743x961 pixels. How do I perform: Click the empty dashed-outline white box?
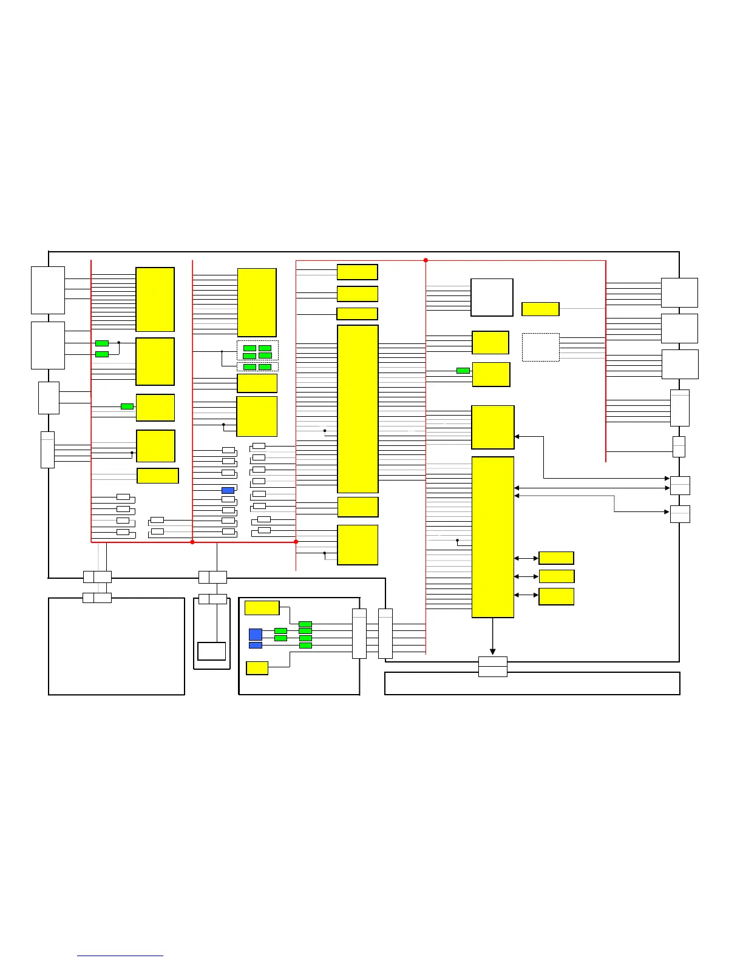[x=540, y=347]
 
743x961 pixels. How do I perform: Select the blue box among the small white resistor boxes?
[x=228, y=490]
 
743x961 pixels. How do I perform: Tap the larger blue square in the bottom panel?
[x=256, y=634]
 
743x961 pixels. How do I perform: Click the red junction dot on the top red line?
[x=426, y=260]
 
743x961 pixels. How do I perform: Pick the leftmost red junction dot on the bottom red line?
[x=192, y=542]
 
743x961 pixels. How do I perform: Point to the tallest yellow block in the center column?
[x=358, y=409]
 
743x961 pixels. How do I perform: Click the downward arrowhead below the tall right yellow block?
[x=492, y=651]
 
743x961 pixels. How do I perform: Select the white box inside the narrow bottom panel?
[x=211, y=651]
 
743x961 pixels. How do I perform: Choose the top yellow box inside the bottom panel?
[x=262, y=607]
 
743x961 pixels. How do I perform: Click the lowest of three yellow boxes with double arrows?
[x=556, y=596]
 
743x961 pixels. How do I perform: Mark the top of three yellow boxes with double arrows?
[x=556, y=558]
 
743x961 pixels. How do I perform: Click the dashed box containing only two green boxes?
[x=257, y=367]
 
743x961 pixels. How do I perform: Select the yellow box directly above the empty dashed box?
[x=540, y=309]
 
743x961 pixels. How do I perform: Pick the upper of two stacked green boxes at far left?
[x=102, y=343]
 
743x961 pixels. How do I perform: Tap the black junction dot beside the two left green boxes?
[x=119, y=343]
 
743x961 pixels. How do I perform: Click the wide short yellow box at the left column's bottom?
[x=158, y=476]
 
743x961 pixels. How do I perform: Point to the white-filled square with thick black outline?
[x=492, y=297]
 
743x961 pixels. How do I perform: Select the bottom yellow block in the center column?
[x=358, y=545]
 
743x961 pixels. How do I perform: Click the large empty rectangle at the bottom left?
[x=117, y=646]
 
